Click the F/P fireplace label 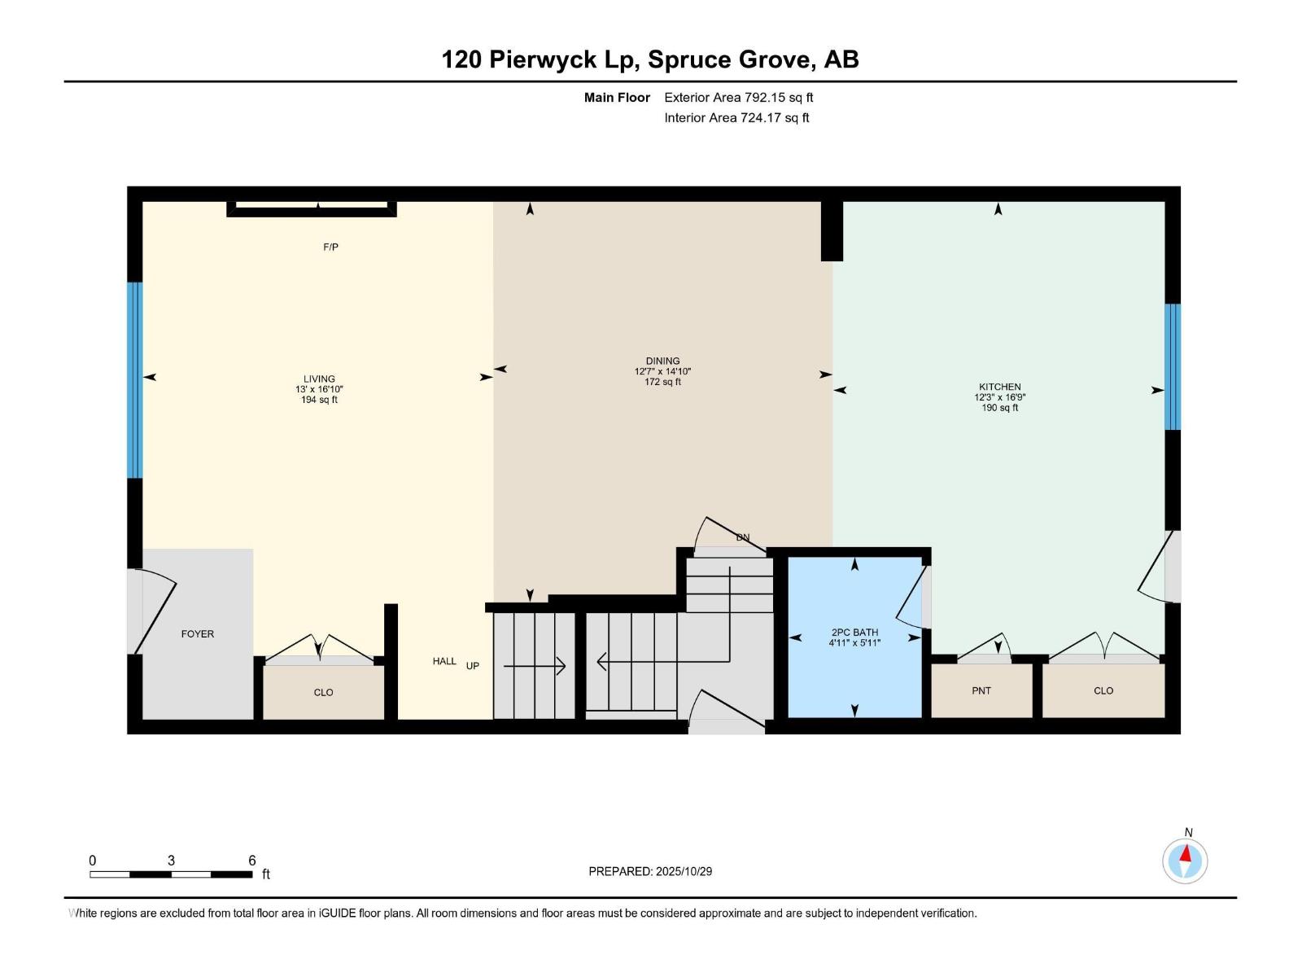point(330,247)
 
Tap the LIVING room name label point(319,379)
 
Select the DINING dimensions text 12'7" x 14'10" point(662,371)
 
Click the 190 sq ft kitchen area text point(999,408)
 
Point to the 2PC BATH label point(854,632)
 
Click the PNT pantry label point(981,690)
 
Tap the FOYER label point(198,633)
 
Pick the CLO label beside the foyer point(323,692)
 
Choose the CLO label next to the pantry point(1103,690)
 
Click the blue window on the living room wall point(134,379)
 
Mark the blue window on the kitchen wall point(1173,366)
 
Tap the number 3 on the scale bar point(171,861)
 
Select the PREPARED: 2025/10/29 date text point(650,871)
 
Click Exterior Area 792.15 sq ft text point(738,97)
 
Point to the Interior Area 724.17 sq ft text point(736,117)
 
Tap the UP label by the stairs point(472,665)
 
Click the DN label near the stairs point(742,537)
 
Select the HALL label point(444,661)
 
